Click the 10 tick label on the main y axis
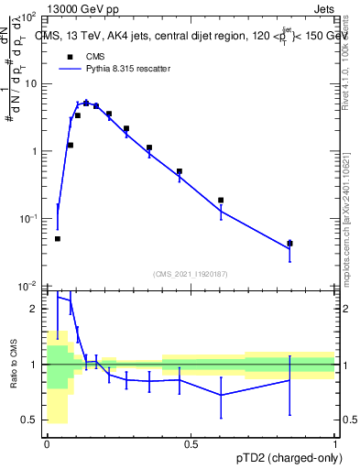32,83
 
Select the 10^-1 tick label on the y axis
29,218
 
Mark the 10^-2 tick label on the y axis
29,286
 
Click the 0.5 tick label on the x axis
191,444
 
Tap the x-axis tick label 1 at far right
334,444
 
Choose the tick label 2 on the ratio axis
36,309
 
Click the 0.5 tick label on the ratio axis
31,420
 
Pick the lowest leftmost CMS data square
58,238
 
